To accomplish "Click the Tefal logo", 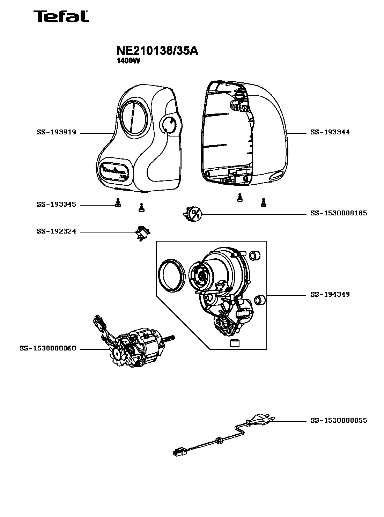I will click(x=61, y=16).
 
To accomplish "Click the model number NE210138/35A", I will click(x=157, y=51).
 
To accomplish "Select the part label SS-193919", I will click(x=56, y=133).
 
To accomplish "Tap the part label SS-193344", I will click(x=330, y=132).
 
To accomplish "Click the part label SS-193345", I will click(x=56, y=205).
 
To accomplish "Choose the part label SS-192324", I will click(x=56, y=231).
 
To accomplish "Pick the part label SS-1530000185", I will click(x=338, y=213).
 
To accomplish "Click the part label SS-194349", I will click(x=330, y=295).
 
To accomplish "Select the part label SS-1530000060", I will click(x=48, y=348).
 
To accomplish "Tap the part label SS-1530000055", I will click(x=338, y=420).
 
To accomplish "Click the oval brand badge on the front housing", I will click(x=114, y=172).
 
